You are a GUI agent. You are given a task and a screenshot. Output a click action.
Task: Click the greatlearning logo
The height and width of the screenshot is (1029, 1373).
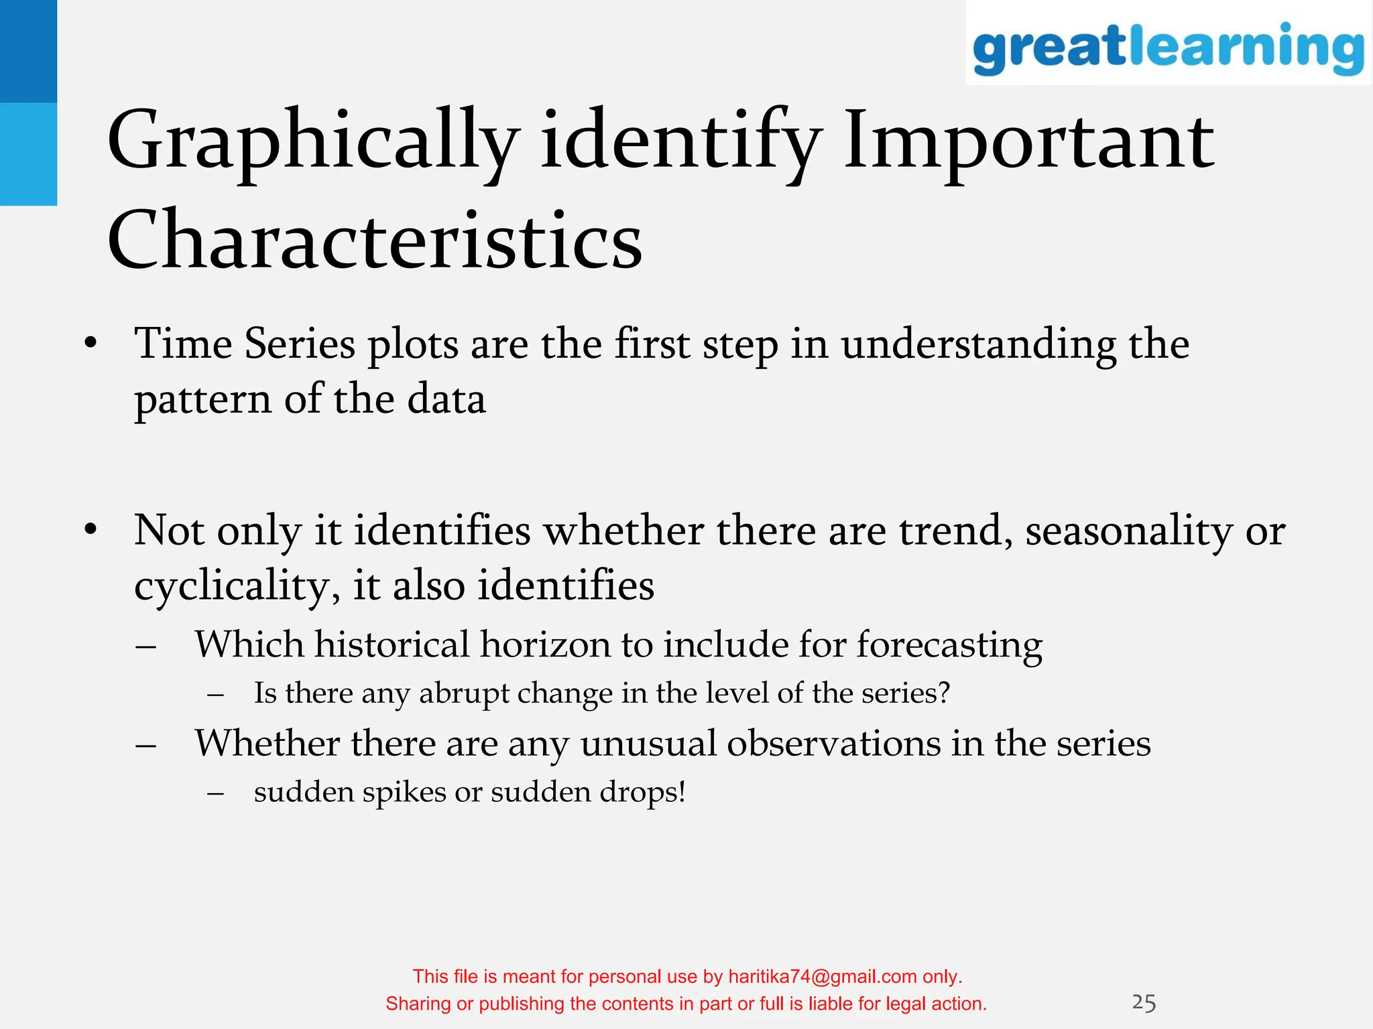(1168, 47)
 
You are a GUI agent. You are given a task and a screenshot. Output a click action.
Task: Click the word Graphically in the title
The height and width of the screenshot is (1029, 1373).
(312, 143)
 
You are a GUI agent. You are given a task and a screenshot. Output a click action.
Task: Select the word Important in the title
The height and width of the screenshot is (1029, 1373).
(1028, 143)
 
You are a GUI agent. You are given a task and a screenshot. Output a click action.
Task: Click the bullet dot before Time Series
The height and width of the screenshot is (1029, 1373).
(91, 344)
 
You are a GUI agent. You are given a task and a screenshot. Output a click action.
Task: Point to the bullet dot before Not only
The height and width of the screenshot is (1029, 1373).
(91, 531)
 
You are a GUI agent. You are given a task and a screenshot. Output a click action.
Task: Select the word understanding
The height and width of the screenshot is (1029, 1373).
(979, 346)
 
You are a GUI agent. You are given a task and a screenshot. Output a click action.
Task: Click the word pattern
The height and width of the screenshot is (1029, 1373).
(202, 400)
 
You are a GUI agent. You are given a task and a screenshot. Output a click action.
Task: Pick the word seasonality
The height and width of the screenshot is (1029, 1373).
(1129, 532)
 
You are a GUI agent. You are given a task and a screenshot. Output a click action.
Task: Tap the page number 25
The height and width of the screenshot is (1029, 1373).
(1144, 1003)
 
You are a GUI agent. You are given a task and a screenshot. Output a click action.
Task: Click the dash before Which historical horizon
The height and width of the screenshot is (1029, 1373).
(145, 646)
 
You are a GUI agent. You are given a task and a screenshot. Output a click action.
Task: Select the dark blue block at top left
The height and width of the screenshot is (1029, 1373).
(28, 51)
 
